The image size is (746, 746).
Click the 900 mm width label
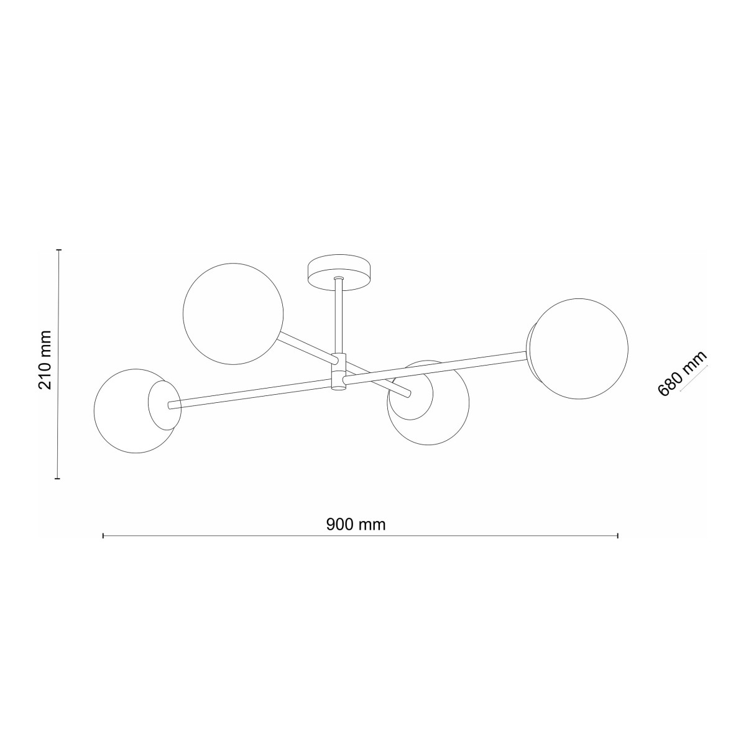point(356,525)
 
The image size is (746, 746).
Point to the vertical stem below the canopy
point(339,317)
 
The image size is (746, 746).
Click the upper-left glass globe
point(233,313)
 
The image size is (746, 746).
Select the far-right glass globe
point(580,349)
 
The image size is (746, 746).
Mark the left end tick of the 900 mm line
point(103,535)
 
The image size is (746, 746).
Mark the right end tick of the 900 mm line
point(617,535)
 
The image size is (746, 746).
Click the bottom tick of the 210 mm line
point(58,479)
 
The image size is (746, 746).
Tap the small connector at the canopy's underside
point(339,279)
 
